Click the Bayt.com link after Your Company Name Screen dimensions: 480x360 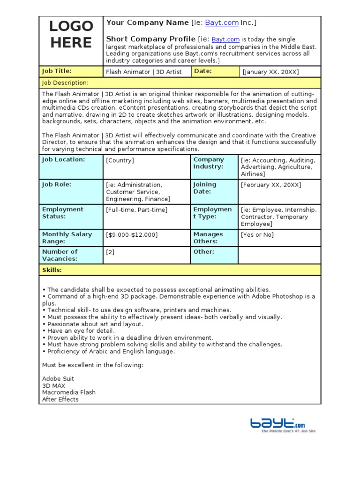[222, 22]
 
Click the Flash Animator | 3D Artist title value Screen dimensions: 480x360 [143, 72]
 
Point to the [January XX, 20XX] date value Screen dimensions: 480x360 [270, 72]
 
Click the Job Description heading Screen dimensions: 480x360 [65, 83]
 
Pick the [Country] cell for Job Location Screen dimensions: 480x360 [120, 160]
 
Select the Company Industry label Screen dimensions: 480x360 [209, 163]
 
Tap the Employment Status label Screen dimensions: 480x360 [62, 213]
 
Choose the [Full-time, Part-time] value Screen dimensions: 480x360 [136, 210]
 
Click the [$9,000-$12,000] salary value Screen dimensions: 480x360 [132, 235]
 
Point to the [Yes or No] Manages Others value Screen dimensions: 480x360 [257, 235]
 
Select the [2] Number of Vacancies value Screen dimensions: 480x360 [110, 252]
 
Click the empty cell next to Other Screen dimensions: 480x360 [279, 255]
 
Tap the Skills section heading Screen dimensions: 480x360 [52, 270]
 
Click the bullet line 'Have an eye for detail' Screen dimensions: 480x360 [78, 331]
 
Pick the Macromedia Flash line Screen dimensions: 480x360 [69, 392]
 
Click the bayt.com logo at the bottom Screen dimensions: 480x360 [282, 424]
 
